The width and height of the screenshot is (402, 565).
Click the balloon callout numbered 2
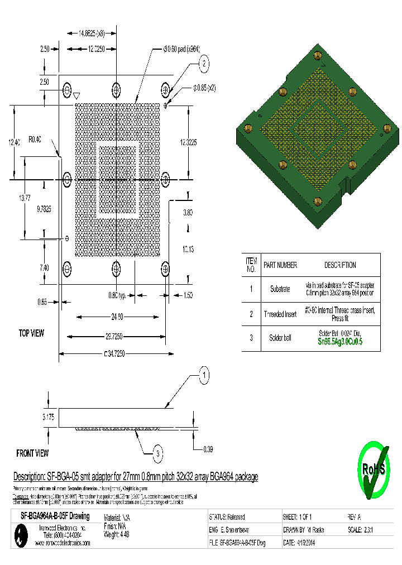[205, 64]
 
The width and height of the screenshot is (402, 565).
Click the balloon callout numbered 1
[205, 375]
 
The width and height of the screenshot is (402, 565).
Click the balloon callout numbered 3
[159, 453]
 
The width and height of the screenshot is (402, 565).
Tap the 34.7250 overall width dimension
[115, 353]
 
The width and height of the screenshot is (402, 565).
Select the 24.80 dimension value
[117, 317]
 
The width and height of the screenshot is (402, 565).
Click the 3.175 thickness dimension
[49, 416]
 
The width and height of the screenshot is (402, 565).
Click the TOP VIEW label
[32, 333]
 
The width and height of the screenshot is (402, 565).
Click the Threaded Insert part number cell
[280, 314]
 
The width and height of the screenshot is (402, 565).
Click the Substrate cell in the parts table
[280, 289]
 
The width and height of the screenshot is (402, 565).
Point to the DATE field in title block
[304, 543]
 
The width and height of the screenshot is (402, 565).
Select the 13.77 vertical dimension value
[25, 198]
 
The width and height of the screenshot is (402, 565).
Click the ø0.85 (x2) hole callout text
[204, 88]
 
